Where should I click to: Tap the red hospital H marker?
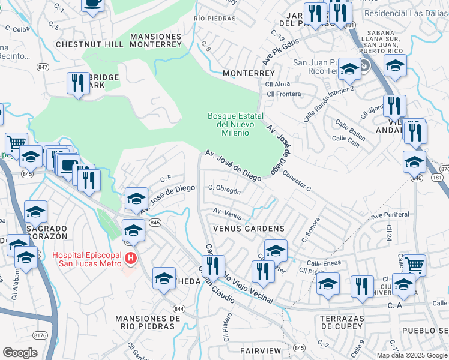(x=131, y=259)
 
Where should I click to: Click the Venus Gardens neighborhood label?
(x=248, y=229)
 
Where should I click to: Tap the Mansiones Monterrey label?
(x=155, y=40)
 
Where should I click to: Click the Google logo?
(x=20, y=353)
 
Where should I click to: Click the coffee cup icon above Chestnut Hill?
(x=92, y=5)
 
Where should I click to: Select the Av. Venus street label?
(x=228, y=212)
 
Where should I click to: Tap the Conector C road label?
(x=297, y=182)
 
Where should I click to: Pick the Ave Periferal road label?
(x=390, y=215)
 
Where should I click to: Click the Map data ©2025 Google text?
(x=412, y=355)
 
